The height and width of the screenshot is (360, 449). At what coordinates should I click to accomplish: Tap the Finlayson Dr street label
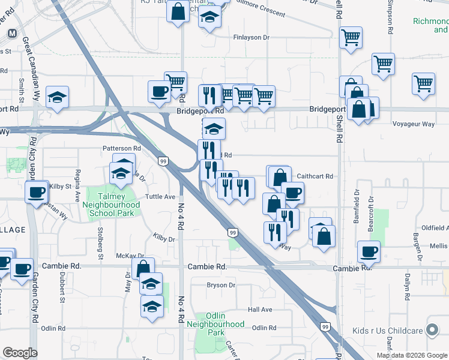tap(256, 37)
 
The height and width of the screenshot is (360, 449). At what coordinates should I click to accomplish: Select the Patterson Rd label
tap(121, 148)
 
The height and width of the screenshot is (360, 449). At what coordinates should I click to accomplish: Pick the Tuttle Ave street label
tap(161, 196)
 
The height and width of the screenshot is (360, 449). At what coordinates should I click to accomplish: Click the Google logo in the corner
tap(20, 353)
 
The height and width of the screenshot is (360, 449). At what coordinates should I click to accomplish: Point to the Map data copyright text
tap(412, 355)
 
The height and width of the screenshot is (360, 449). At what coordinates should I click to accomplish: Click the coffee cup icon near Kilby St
tap(35, 192)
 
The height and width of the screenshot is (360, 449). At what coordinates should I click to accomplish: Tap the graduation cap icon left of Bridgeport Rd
tap(57, 97)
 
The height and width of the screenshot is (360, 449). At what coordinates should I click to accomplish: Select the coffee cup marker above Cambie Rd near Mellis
tap(368, 252)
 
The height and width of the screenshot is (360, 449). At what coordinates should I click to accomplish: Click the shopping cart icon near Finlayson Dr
tap(350, 37)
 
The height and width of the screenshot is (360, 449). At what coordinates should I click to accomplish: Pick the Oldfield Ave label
tap(436, 228)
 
